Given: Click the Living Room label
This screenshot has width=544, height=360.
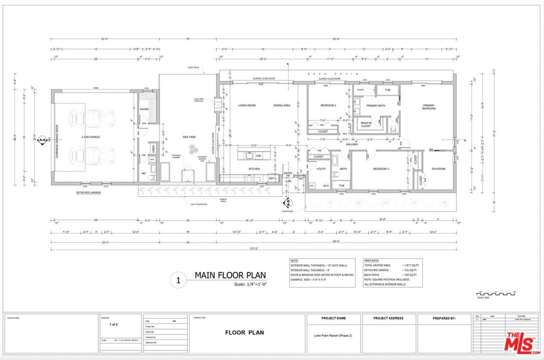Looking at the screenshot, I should pyautogui.click(x=246, y=106).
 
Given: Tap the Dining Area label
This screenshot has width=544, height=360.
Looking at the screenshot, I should pyautogui.click(x=282, y=106).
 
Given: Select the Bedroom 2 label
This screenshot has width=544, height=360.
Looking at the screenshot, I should pyautogui.click(x=328, y=106).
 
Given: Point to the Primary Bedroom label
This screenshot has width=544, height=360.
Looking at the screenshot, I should pyautogui.click(x=429, y=107).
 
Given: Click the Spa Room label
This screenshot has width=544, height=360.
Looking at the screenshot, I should pyautogui.click(x=438, y=169).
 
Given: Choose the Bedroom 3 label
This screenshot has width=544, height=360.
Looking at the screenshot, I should pyautogui.click(x=380, y=169).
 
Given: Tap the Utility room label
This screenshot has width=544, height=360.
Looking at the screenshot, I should pyautogui.click(x=321, y=169).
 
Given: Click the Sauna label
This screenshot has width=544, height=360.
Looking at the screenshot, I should pyautogui.click(x=144, y=109).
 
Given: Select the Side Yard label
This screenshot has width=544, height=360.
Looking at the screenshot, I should pyautogui.click(x=190, y=137).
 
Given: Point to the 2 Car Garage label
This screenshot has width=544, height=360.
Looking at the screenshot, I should pyautogui.click(x=91, y=137).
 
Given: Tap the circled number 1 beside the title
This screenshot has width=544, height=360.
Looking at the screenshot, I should pyautogui.click(x=178, y=280).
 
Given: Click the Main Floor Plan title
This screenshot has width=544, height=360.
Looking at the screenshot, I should pyautogui.click(x=230, y=275).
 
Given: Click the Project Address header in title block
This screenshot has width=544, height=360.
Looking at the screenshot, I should pyautogui.click(x=388, y=319).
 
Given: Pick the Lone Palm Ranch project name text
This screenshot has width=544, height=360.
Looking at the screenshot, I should pyautogui.click(x=333, y=336).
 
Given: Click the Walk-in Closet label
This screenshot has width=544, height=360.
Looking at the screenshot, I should pyautogui.click(x=366, y=124).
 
